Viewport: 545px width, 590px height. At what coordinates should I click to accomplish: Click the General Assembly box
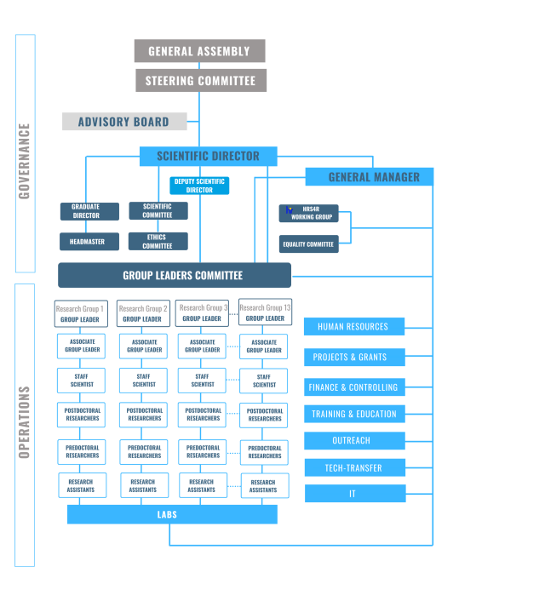click(199, 51)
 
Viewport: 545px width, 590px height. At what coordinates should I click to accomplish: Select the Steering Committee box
click(199, 81)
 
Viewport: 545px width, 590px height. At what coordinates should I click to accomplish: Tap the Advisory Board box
click(123, 122)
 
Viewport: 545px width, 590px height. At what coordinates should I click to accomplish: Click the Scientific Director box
click(209, 157)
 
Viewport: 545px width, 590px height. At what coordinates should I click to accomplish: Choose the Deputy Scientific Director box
click(199, 186)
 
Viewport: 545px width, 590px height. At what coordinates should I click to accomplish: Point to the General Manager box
click(369, 177)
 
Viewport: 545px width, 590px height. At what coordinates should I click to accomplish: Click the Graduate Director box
click(85, 211)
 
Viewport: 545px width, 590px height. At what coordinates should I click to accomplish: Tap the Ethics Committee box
click(158, 242)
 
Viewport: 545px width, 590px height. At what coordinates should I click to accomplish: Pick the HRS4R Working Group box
click(308, 213)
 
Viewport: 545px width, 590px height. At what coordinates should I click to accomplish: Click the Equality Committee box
click(308, 244)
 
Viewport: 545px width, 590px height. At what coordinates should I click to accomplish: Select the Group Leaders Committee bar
click(175, 275)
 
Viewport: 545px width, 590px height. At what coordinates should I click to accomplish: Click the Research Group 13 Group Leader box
click(265, 313)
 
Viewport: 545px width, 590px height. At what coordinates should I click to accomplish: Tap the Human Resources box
click(354, 326)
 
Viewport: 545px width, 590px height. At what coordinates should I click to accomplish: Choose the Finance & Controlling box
click(354, 387)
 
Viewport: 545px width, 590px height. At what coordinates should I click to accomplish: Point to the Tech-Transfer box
click(354, 467)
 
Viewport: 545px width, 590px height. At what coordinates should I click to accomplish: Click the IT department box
click(354, 493)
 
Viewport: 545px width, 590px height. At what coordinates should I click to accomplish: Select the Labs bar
click(172, 515)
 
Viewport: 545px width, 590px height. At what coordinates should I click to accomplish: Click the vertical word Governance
click(25, 161)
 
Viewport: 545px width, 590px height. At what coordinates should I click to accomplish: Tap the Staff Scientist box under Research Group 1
click(80, 380)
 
